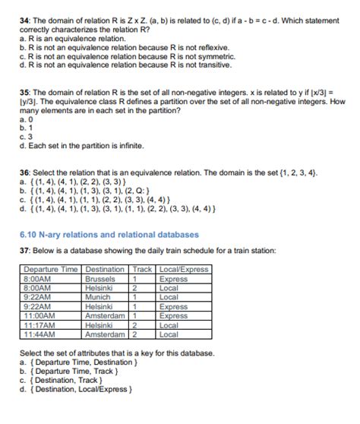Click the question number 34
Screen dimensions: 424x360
(24, 18)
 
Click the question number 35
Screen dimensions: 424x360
(24, 91)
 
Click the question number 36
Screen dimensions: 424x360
(24, 173)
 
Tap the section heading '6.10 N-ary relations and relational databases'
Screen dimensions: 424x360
(109, 234)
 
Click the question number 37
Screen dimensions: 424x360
(24, 251)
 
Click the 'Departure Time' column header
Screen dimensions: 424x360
(51, 270)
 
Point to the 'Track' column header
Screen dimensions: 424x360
(142, 270)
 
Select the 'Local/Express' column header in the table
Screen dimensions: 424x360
(184, 270)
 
